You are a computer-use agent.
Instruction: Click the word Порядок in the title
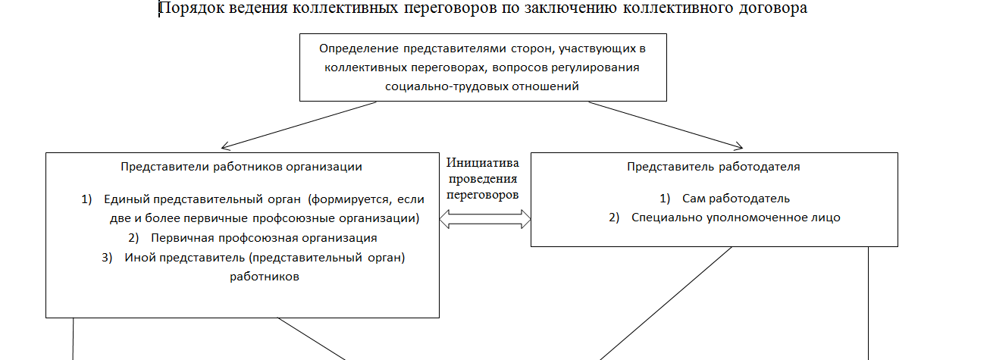[x=192, y=8]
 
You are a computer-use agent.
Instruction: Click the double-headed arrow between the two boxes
[x=485, y=219]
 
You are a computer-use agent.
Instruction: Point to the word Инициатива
[x=483, y=163]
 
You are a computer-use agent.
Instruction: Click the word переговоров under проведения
[x=483, y=195]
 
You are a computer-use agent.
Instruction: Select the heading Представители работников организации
[x=241, y=167]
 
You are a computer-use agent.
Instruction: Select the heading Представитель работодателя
[x=713, y=167]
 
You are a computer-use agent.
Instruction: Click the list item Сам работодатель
[x=736, y=199]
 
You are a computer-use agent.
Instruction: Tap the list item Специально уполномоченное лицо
[x=736, y=218]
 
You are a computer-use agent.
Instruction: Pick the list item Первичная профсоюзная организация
[x=264, y=238]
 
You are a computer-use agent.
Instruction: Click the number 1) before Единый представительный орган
[x=86, y=199]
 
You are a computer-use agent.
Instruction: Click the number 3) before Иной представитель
[x=107, y=258]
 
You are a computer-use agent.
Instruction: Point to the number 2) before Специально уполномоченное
[x=614, y=218]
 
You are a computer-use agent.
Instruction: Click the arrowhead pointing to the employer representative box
[x=738, y=146]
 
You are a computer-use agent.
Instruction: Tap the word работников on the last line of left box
[x=265, y=277]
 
